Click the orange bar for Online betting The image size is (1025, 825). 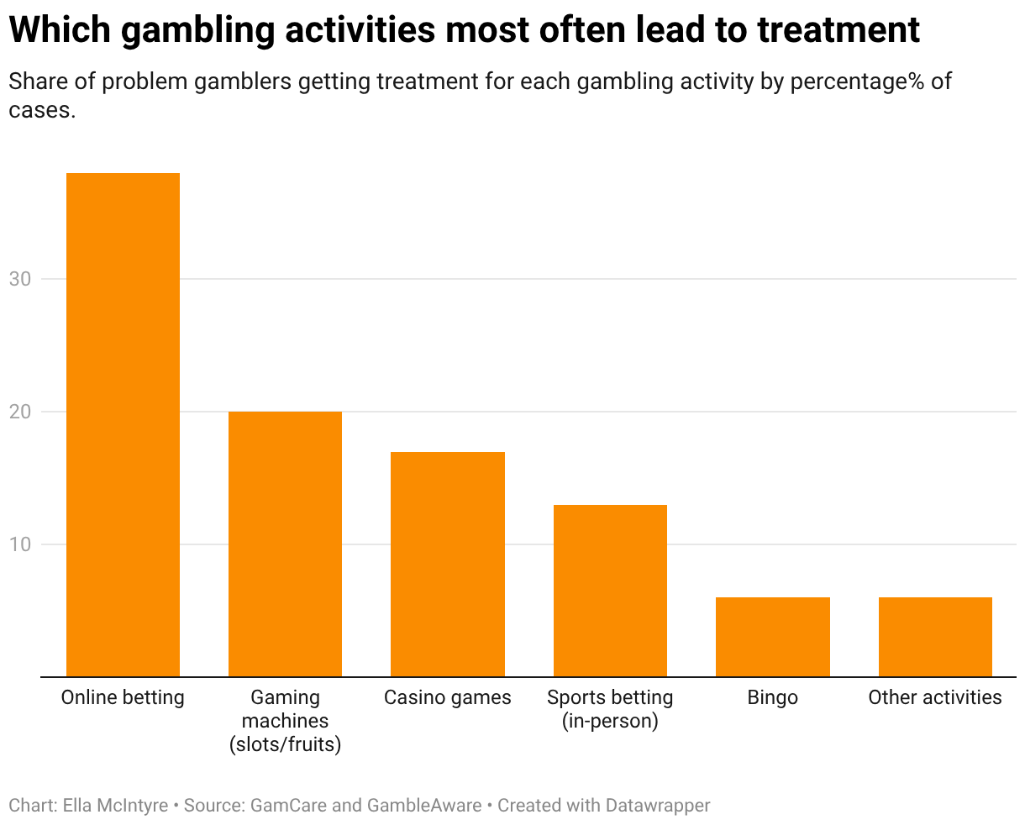click(x=123, y=424)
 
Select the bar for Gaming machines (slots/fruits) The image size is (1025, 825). click(x=285, y=544)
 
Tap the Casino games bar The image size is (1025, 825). click(x=448, y=564)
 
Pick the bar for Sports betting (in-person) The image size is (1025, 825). click(x=610, y=590)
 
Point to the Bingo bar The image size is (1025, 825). click(x=772, y=636)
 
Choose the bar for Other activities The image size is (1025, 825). click(x=935, y=636)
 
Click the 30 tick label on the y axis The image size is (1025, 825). click(x=20, y=279)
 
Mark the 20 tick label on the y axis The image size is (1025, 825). click(x=20, y=412)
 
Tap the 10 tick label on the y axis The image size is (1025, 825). click(x=20, y=544)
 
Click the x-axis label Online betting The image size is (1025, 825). click(x=123, y=697)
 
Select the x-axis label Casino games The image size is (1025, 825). click(x=448, y=697)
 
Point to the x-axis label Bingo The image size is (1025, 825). click(x=772, y=697)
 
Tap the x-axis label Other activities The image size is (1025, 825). click(x=935, y=697)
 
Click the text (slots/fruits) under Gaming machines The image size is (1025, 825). click(x=285, y=744)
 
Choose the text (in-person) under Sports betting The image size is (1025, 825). click(x=610, y=721)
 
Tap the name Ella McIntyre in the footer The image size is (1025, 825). click(x=115, y=805)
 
